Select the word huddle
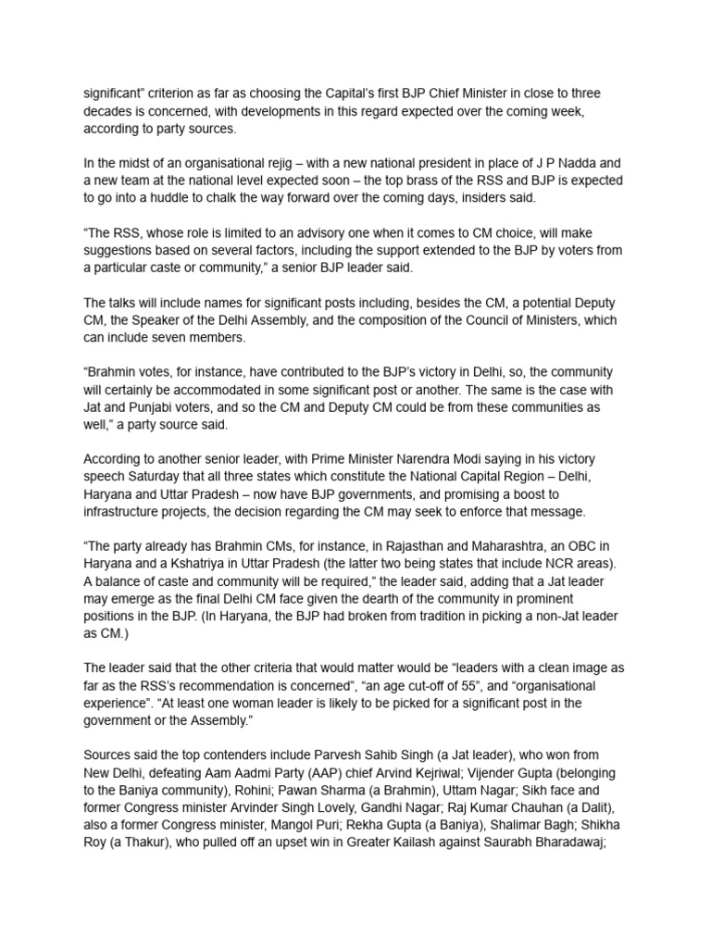(191, 199)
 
